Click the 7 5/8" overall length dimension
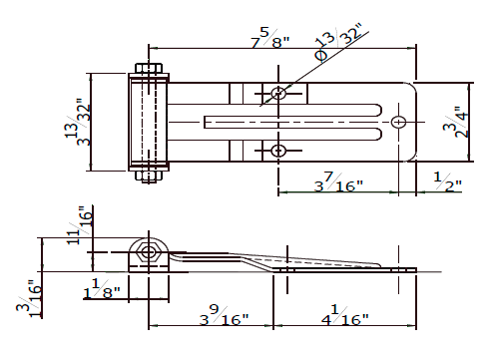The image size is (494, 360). (270, 38)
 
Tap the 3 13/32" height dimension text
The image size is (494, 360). (78, 122)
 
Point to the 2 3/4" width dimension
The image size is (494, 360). (456, 122)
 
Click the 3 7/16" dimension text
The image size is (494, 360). (338, 182)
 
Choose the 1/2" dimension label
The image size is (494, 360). (448, 181)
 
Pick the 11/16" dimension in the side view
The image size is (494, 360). (80, 225)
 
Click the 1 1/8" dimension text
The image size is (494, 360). (102, 288)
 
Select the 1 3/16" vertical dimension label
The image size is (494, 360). (30, 299)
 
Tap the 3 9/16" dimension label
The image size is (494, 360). (224, 315)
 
